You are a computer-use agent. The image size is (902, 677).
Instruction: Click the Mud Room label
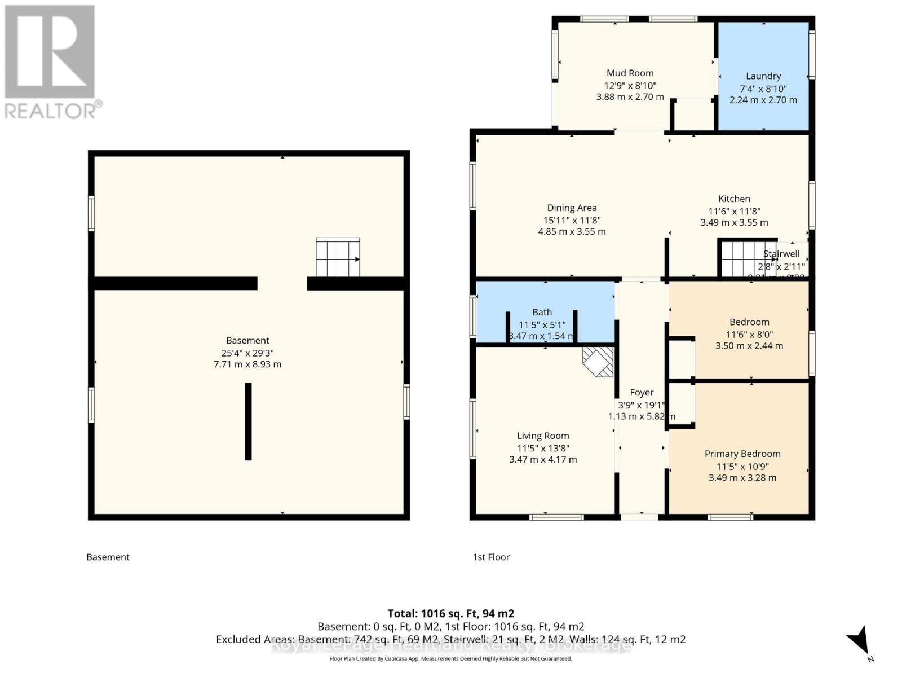click(x=630, y=73)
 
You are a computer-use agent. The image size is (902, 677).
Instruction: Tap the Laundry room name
click(x=763, y=76)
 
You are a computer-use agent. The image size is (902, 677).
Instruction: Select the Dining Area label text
click(x=572, y=208)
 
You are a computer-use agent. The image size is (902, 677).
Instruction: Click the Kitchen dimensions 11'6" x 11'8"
click(x=734, y=211)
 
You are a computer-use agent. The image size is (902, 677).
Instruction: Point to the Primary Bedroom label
click(x=742, y=454)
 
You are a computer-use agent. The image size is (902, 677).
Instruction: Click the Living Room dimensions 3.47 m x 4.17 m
click(x=543, y=459)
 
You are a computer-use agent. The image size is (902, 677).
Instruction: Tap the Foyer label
click(x=642, y=392)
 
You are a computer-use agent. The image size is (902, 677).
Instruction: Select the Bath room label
click(x=542, y=312)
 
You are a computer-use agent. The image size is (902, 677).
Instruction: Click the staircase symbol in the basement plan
click(x=338, y=257)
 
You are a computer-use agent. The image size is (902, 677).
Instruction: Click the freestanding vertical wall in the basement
click(x=248, y=421)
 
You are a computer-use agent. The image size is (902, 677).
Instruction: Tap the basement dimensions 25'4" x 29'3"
click(x=247, y=353)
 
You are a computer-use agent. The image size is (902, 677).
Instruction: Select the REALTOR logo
click(x=51, y=61)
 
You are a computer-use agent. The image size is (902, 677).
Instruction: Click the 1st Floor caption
click(x=490, y=557)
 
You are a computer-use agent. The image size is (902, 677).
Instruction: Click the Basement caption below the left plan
click(x=108, y=557)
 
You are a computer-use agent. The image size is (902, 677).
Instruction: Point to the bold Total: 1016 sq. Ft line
click(x=450, y=613)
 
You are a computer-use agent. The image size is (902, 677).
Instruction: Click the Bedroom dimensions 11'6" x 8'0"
click(x=749, y=334)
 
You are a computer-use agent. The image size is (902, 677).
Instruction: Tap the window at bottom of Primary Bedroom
click(x=730, y=517)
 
